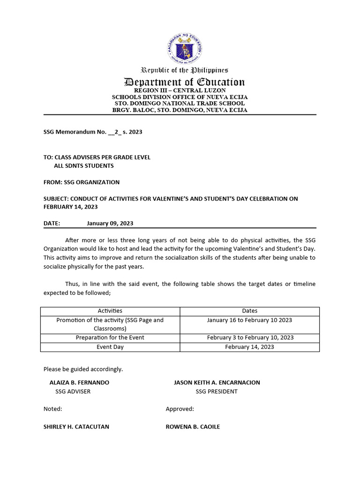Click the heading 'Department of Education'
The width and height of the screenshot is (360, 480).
click(x=184, y=82)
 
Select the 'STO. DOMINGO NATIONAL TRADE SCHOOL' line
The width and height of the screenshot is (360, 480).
click(x=180, y=103)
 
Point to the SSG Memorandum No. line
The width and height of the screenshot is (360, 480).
click(x=93, y=132)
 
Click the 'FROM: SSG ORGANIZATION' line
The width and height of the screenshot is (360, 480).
click(x=82, y=182)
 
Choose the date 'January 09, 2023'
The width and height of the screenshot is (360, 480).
click(x=110, y=224)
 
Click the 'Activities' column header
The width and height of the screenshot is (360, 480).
click(x=110, y=311)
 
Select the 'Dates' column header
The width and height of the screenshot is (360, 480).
click(x=249, y=311)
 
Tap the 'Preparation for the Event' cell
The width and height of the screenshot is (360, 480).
click(x=110, y=337)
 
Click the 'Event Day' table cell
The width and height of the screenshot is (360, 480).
click(x=110, y=347)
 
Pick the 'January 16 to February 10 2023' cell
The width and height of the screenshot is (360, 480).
click(x=249, y=320)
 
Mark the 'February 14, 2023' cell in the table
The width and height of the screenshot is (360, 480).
click(x=249, y=347)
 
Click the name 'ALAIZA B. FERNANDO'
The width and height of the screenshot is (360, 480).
click(x=79, y=382)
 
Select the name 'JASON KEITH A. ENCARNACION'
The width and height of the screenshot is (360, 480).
click(x=217, y=382)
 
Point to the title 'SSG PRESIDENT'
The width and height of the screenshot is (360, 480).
click(x=217, y=391)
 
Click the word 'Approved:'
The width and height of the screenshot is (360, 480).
click(x=180, y=409)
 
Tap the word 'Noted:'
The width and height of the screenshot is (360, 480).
click(x=53, y=409)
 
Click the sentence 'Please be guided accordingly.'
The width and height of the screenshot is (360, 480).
click(x=83, y=369)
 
